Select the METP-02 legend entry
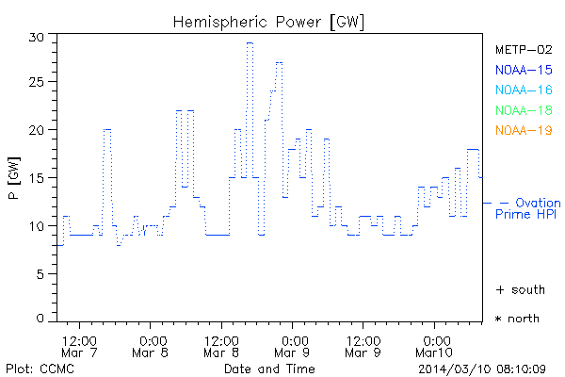[523, 48]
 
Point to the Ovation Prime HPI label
[527, 208]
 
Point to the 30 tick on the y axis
[37, 36]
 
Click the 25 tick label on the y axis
[37, 83]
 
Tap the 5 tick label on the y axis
[40, 273]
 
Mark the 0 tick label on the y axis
[40, 320]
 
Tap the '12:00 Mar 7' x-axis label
[79, 345]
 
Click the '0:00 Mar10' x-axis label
[435, 345]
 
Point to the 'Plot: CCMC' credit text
[35, 368]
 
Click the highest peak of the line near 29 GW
[250, 43]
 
